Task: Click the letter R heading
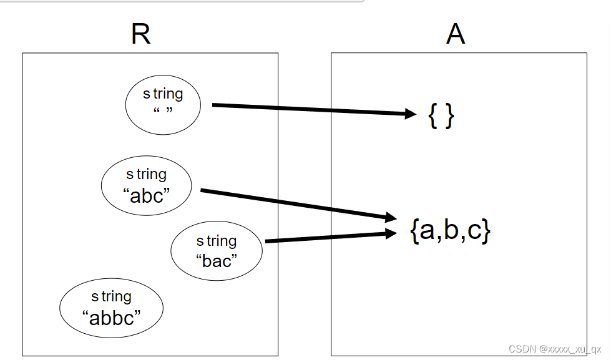click(x=141, y=35)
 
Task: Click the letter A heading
click(x=456, y=35)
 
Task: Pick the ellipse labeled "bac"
click(x=217, y=251)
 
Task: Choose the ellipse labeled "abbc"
click(x=111, y=308)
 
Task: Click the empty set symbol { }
click(x=441, y=116)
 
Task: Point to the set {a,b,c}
click(x=451, y=231)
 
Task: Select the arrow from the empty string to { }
click(x=312, y=109)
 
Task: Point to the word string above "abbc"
click(x=111, y=296)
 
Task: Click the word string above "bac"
click(x=217, y=241)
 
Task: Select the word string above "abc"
click(x=147, y=174)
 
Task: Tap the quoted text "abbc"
click(x=111, y=318)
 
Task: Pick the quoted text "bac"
click(x=217, y=261)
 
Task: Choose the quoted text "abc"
click(x=147, y=195)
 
